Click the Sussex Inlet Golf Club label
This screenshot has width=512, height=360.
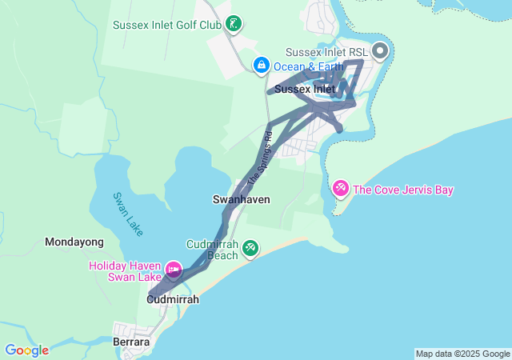click(x=166, y=24)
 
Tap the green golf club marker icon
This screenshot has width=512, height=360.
click(x=232, y=23)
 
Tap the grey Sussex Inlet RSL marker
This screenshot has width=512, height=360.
click(x=379, y=52)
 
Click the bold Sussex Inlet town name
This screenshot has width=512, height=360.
click(x=304, y=90)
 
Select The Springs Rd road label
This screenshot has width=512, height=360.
click(x=261, y=157)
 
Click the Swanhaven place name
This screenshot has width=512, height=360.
click(x=241, y=198)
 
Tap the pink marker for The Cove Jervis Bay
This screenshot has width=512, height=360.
click(x=340, y=189)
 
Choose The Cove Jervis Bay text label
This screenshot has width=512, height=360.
click(x=403, y=190)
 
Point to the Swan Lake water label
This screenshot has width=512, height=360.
click(x=127, y=214)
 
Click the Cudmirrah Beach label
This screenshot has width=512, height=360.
click(x=211, y=250)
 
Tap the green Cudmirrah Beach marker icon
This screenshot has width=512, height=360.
click(x=250, y=248)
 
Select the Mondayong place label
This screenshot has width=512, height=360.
click(x=74, y=242)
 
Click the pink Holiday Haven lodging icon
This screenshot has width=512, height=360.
click(x=173, y=270)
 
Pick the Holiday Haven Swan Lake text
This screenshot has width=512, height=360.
click(x=125, y=271)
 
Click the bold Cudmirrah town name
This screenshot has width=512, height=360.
click(x=172, y=299)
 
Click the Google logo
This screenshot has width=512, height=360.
click(x=26, y=350)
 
